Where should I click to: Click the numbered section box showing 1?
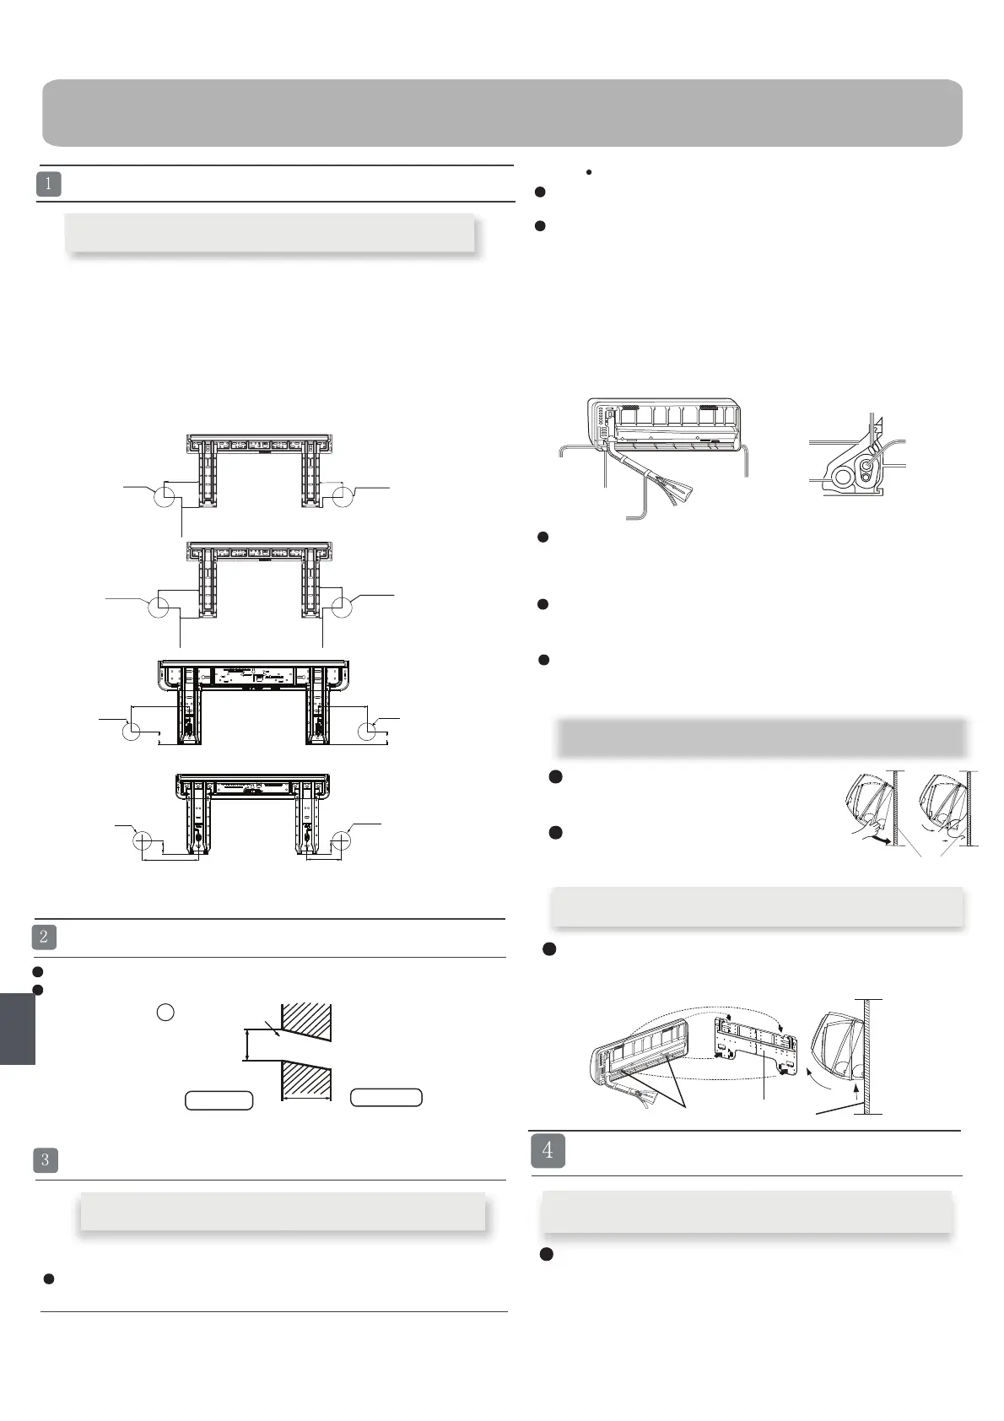click(49, 184)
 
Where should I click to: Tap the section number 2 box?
click(44, 937)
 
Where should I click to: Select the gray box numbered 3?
click(46, 1159)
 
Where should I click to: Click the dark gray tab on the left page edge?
click(17, 1029)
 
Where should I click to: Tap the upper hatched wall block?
click(307, 1018)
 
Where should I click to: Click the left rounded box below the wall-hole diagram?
click(219, 1100)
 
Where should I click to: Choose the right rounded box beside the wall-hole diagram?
click(386, 1097)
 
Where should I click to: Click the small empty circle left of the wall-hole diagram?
click(165, 1012)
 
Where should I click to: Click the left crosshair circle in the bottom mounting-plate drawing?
click(142, 841)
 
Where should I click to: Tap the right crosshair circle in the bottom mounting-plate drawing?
click(342, 841)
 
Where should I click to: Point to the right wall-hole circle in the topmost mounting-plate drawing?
click(341, 497)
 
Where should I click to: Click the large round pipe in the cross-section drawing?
click(841, 477)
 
